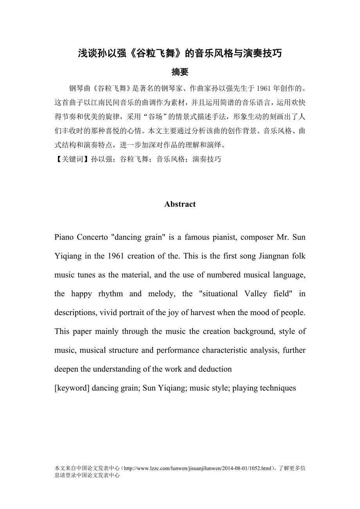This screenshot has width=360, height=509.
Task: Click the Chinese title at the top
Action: pos(180,54)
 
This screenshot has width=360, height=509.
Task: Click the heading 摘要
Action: pos(180,72)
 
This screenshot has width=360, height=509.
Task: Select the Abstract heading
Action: pos(180,204)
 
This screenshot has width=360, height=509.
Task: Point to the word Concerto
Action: pos(92,237)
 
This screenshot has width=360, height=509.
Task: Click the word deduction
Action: pos(215,369)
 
